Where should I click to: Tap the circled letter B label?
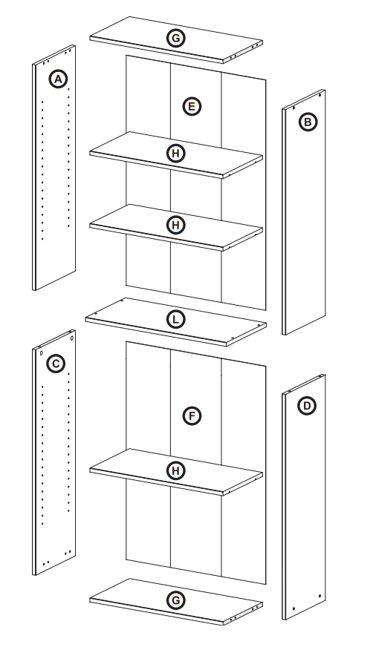click(x=306, y=120)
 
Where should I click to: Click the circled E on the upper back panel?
click(x=191, y=107)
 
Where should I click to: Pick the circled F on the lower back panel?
click(x=191, y=416)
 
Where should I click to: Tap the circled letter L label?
click(x=175, y=319)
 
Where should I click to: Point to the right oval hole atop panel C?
click(x=72, y=338)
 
